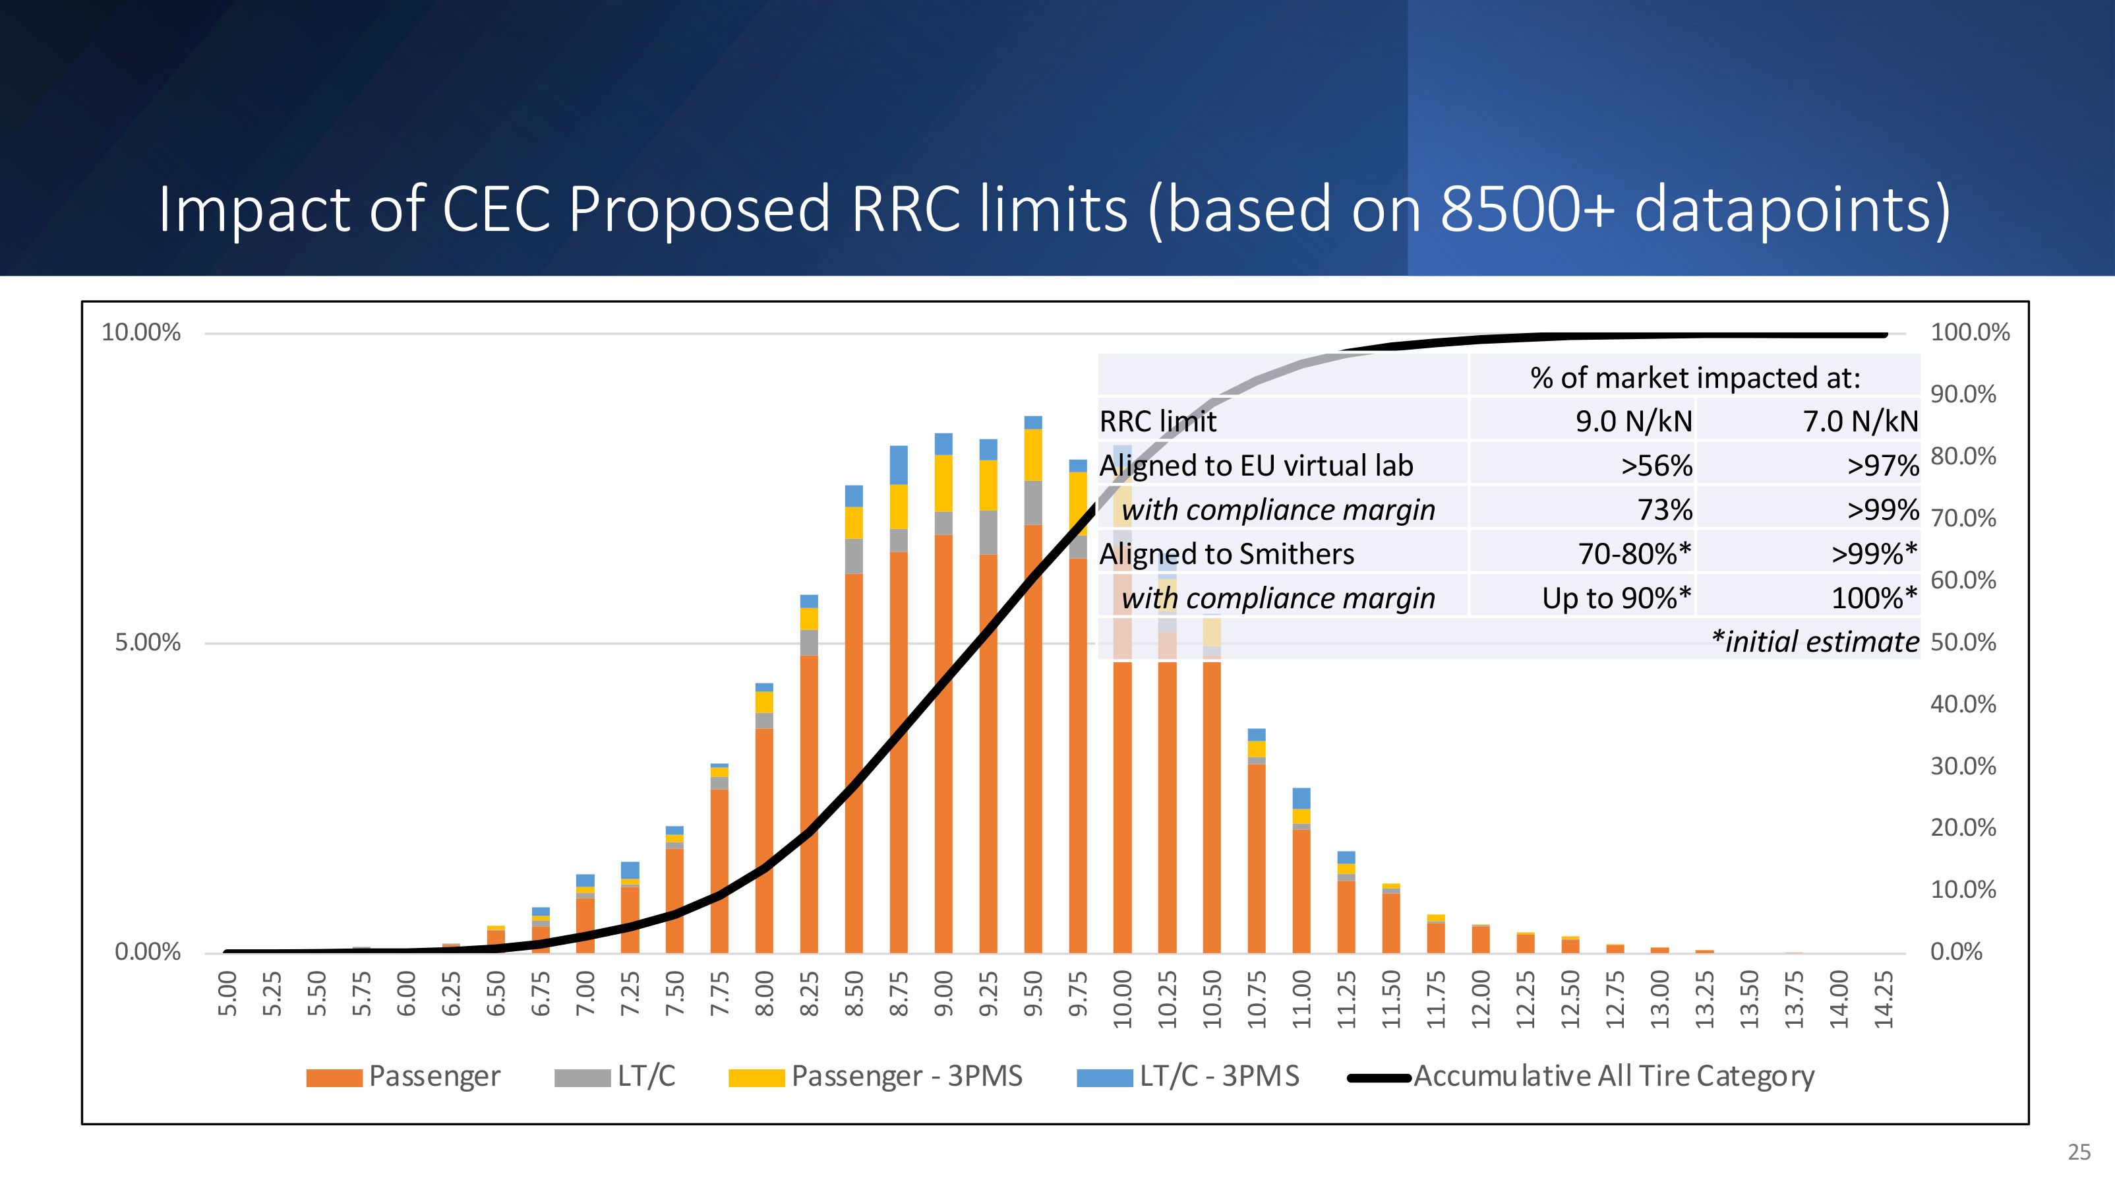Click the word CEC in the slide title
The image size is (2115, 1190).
coord(496,208)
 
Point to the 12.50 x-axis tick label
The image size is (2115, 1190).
coord(1570,999)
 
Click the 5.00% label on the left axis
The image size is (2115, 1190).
coord(147,642)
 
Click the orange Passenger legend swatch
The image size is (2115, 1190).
coord(334,1077)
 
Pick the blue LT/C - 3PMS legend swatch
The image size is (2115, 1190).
coord(1104,1077)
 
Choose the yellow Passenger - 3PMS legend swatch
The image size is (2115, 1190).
coord(756,1077)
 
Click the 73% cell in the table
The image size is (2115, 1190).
coord(1664,510)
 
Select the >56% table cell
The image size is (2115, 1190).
coord(1656,466)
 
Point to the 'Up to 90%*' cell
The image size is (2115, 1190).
coord(1617,598)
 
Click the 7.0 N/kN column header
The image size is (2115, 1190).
coord(1861,422)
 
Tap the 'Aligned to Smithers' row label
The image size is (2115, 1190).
coord(1227,554)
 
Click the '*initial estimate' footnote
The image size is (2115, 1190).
coord(1815,641)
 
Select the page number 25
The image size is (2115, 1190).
coord(2079,1152)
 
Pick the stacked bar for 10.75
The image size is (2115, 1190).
coord(1256,840)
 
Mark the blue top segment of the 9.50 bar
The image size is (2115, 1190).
coord(1033,423)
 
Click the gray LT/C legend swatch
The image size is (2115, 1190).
coord(582,1077)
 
